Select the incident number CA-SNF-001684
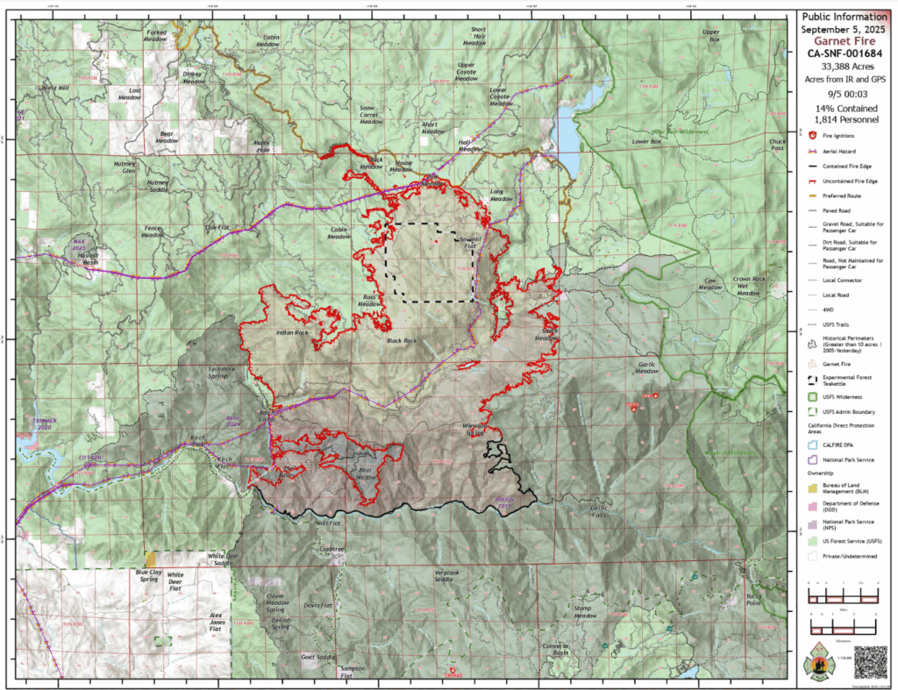846,53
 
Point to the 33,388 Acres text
846,67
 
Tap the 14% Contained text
846,109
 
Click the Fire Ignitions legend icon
812,137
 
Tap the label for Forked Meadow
155,35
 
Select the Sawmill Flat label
465,242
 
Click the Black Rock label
400,339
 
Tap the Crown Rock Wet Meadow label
750,286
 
